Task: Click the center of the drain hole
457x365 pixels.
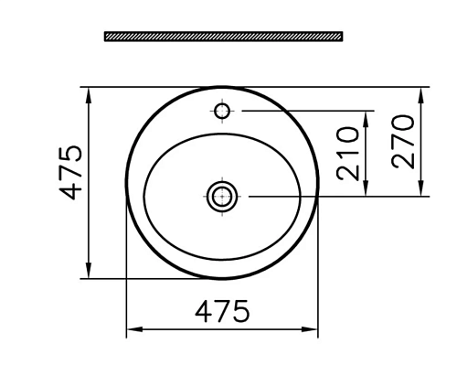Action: (222, 197)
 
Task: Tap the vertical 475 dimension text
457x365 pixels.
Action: (70, 173)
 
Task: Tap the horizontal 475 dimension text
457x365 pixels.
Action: (222, 311)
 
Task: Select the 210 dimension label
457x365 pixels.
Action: (348, 154)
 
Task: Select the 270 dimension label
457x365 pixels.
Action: (403, 142)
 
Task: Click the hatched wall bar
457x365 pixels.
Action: (224, 37)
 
